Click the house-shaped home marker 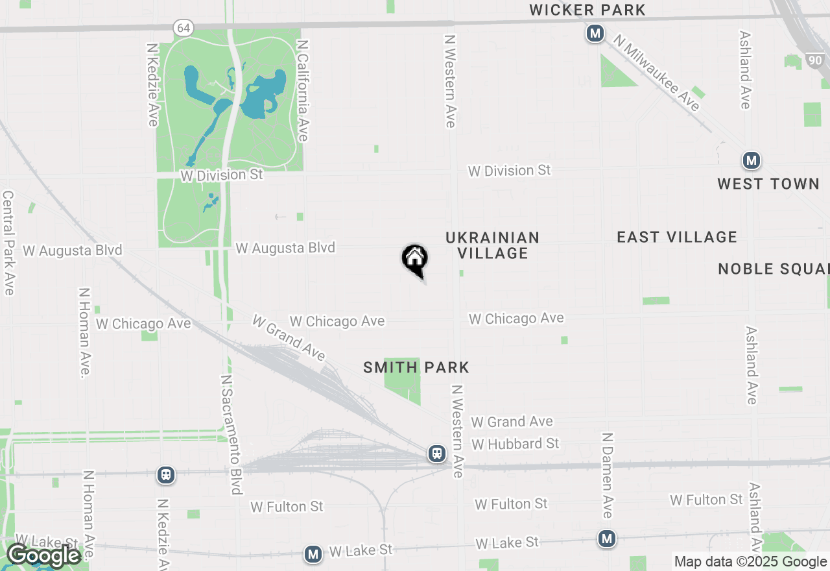click(x=415, y=260)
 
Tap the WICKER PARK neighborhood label click(x=587, y=10)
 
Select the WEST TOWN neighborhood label click(x=768, y=184)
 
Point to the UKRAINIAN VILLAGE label click(x=493, y=245)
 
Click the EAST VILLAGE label click(x=677, y=237)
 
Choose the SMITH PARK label click(x=416, y=367)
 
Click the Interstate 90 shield click(x=816, y=60)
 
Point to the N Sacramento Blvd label click(x=231, y=434)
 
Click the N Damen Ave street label click(x=607, y=476)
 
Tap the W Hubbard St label click(x=516, y=444)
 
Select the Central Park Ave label click(x=8, y=243)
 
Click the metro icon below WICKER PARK click(x=595, y=33)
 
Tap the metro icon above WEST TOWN click(x=751, y=160)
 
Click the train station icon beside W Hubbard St click(x=437, y=454)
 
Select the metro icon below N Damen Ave click(x=607, y=538)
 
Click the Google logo click(x=43, y=555)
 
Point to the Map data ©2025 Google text click(x=750, y=562)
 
